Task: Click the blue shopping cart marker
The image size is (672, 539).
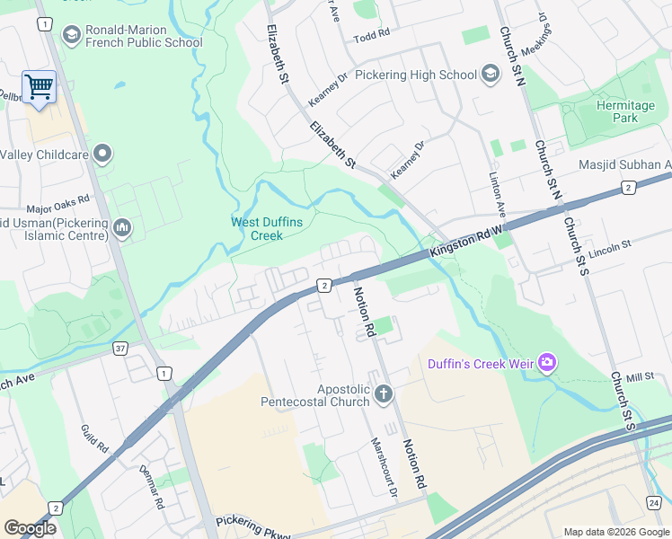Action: click(x=39, y=88)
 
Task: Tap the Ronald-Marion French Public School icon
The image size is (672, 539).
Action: click(x=71, y=34)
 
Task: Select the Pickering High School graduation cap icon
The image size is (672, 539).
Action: click(x=491, y=74)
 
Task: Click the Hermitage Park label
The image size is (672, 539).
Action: click(x=625, y=111)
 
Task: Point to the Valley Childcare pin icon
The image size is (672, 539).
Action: click(x=102, y=155)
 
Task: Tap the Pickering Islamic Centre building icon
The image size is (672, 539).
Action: click(x=122, y=230)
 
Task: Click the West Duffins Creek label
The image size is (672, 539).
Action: click(x=257, y=229)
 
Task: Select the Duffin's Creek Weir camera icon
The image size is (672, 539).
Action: click(x=546, y=363)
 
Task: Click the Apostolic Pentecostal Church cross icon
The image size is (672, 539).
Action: click(x=384, y=393)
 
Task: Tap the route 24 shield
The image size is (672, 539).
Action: click(x=653, y=502)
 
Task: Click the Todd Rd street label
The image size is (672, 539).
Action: click(x=372, y=34)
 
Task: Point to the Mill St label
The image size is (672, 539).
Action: click(x=640, y=378)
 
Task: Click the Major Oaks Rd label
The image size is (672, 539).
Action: click(x=58, y=204)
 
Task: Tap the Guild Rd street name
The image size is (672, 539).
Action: click(x=94, y=439)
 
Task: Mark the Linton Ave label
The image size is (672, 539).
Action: click(x=499, y=198)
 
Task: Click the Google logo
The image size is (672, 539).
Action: click(x=31, y=528)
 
